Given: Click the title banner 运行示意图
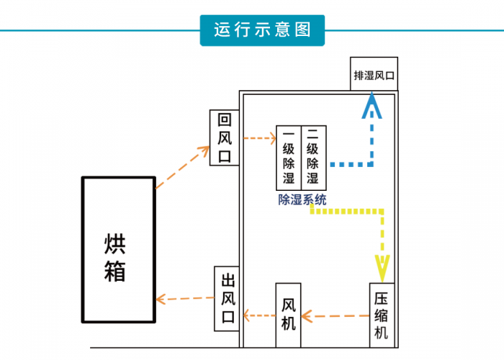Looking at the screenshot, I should point(262,30).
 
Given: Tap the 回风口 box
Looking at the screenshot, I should point(224,137).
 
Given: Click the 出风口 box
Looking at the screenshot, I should point(228,298).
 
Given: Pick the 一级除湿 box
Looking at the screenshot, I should point(289,156).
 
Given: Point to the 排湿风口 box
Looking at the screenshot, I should point(374,73).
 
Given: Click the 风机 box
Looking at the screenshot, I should point(288,315).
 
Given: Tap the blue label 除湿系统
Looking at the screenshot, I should point(302,200).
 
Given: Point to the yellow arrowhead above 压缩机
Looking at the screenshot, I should point(382,267).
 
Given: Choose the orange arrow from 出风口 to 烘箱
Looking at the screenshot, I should point(184,297).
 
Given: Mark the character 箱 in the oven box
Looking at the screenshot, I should point(115,271).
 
